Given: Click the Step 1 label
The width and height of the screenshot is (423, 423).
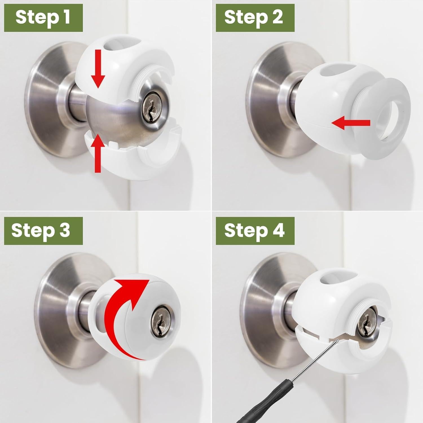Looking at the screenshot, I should [x=43, y=17].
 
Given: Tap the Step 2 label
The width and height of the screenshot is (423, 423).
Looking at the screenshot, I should [x=255, y=17].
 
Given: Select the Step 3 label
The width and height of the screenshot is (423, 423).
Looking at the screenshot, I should [x=43, y=230].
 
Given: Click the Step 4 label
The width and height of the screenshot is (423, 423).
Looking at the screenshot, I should [x=255, y=230].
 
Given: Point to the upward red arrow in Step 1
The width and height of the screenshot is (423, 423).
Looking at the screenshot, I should [x=98, y=152].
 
